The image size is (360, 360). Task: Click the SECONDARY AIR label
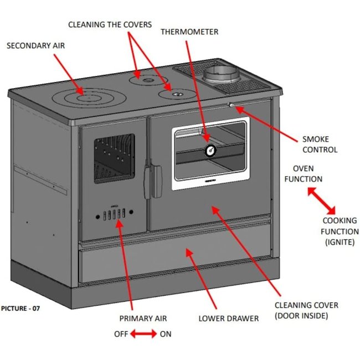click(x=35, y=45)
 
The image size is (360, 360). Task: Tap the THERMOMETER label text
click(x=189, y=32)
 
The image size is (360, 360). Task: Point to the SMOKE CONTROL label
click(x=320, y=144)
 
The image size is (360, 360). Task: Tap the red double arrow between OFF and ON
click(x=143, y=334)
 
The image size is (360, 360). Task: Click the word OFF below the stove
click(x=121, y=334)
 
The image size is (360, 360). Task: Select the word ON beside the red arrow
click(x=166, y=334)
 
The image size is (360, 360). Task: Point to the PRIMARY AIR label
click(x=143, y=318)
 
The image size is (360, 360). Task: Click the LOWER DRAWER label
click(x=228, y=318)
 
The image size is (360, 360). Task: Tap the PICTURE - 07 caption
click(x=20, y=308)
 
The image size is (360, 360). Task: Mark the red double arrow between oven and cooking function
click(x=322, y=200)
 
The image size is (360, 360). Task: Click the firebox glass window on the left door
click(x=113, y=158)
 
